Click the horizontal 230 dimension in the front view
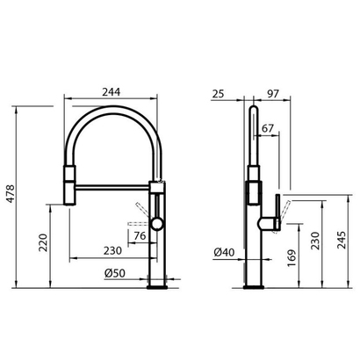112,250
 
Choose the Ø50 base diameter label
112,273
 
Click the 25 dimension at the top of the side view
218,91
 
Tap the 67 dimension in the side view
268,129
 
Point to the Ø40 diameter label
223,255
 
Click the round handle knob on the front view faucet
157,224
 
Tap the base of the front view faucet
157,283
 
